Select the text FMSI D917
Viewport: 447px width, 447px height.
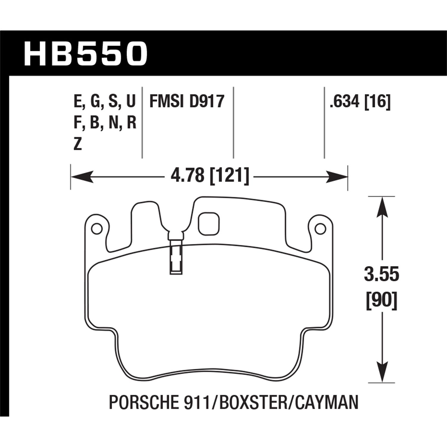(187, 101)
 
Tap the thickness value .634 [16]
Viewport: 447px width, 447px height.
(360, 102)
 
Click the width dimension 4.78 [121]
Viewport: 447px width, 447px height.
(209, 176)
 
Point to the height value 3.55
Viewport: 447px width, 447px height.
(381, 274)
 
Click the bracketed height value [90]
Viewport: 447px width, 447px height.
(381, 300)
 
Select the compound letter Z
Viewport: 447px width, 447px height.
(77, 145)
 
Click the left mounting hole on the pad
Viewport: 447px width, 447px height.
(96, 229)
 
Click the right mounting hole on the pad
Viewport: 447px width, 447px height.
(320, 229)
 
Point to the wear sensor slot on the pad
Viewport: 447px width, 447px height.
(176, 256)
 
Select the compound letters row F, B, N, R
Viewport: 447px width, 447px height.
(105, 123)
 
